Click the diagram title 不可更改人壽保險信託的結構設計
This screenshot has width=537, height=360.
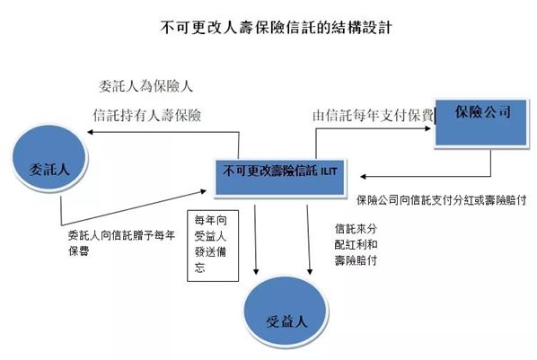click(x=276, y=27)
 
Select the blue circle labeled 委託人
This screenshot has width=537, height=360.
click(x=49, y=158)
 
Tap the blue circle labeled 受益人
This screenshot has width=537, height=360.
click(x=286, y=312)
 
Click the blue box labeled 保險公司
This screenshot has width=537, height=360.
click(x=480, y=123)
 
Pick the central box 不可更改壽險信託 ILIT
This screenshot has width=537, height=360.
click(x=279, y=178)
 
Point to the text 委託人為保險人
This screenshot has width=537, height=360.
click(x=145, y=86)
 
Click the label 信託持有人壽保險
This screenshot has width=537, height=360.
click(x=147, y=115)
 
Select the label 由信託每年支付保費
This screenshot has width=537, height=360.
click(x=373, y=116)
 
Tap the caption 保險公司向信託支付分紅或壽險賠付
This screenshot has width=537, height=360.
click(x=441, y=200)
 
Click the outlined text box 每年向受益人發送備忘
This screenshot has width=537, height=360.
click(x=213, y=246)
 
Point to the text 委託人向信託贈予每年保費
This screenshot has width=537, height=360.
click(x=121, y=243)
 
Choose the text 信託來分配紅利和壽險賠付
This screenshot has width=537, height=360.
click(x=356, y=244)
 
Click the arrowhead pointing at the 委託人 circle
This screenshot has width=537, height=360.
click(x=91, y=132)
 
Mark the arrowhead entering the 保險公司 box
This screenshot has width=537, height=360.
click(x=427, y=128)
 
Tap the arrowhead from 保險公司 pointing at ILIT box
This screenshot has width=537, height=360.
click(x=364, y=176)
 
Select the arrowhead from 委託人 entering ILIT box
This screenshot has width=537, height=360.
click(x=203, y=191)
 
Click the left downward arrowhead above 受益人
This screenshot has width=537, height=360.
click(x=256, y=271)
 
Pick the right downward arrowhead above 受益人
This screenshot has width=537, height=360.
click(x=310, y=271)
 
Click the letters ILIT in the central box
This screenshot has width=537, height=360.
click(x=329, y=171)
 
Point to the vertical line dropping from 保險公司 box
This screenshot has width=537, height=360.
click(x=491, y=162)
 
